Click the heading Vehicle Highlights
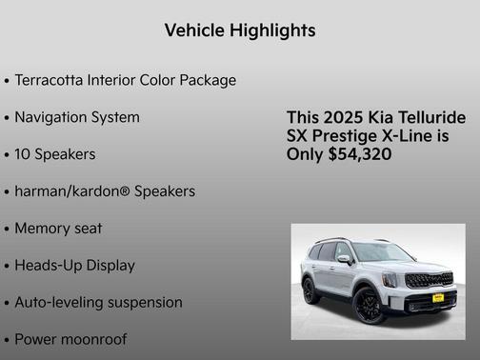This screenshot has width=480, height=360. point(240,30)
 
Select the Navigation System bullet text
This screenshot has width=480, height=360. point(77,117)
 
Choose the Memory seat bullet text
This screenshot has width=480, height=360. point(58,229)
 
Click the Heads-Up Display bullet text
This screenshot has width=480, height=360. point(74,266)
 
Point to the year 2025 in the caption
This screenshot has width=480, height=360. point(344,117)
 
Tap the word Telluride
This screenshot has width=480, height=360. point(432,117)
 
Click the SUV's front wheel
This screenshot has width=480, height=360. point(369,304)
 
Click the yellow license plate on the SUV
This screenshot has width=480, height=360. point(437,298)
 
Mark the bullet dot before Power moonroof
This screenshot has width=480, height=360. point(7,340)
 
